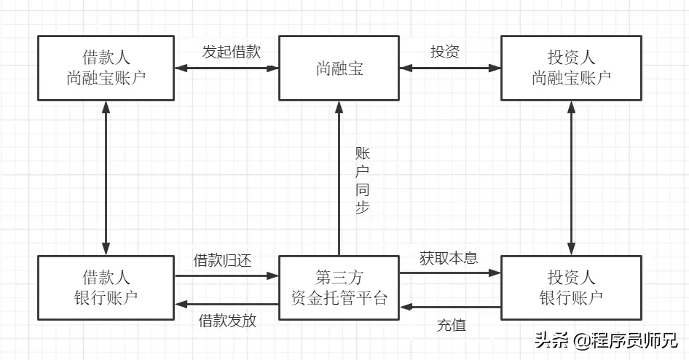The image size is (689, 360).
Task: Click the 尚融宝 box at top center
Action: (x=339, y=69)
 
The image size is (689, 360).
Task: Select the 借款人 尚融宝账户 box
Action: (x=106, y=69)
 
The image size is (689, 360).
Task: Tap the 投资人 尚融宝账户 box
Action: (x=572, y=69)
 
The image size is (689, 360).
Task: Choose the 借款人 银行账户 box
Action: (x=106, y=287)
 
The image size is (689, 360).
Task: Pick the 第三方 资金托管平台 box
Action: (x=339, y=287)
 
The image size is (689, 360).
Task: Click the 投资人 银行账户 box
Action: (x=572, y=287)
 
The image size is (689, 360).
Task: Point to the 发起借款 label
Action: (x=227, y=52)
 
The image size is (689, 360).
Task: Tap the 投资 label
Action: (x=445, y=52)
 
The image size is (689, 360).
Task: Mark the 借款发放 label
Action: (x=227, y=321)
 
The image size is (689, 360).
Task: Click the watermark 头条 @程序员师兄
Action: (x=606, y=340)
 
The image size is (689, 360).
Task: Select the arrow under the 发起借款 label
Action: (x=227, y=69)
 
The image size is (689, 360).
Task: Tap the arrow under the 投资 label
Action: (x=451, y=69)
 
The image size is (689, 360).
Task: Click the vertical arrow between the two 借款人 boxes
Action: (x=106, y=178)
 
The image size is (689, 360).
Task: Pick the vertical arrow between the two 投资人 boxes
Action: (x=572, y=178)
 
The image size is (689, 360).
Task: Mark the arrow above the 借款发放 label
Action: (x=227, y=302)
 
